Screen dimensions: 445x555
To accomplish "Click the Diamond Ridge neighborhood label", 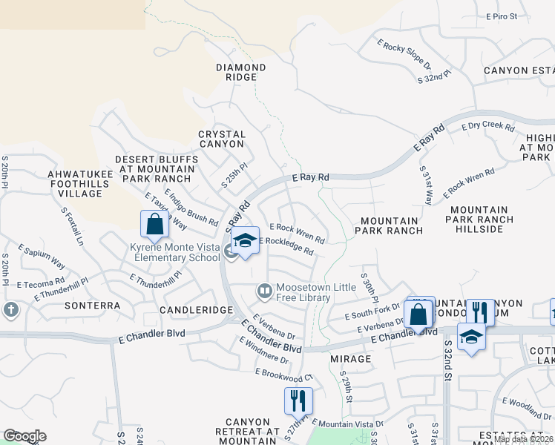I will [240, 72].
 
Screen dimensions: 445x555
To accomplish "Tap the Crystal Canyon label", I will [221, 139].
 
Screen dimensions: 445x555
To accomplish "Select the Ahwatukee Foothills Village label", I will [79, 183].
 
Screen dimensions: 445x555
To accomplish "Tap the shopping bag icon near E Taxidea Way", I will [154, 223].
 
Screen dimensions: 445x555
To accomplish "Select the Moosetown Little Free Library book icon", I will [263, 291].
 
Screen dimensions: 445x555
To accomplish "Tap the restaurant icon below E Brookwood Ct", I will [298, 400].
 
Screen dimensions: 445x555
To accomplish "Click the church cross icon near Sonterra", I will [10, 309].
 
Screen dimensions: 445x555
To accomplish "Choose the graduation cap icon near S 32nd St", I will [470, 337].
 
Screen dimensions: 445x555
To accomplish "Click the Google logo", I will [24, 436].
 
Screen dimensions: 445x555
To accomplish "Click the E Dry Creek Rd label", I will [487, 127].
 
